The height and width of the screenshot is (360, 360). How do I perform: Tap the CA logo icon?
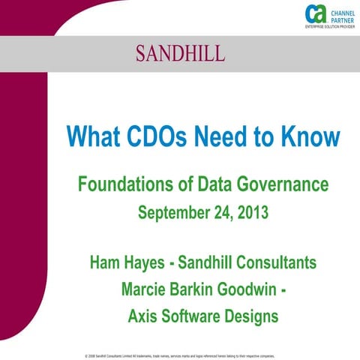pos(314,13)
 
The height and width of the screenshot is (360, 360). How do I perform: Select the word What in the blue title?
pos(91,136)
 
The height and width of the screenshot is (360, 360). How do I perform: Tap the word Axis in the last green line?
pos(145,316)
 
